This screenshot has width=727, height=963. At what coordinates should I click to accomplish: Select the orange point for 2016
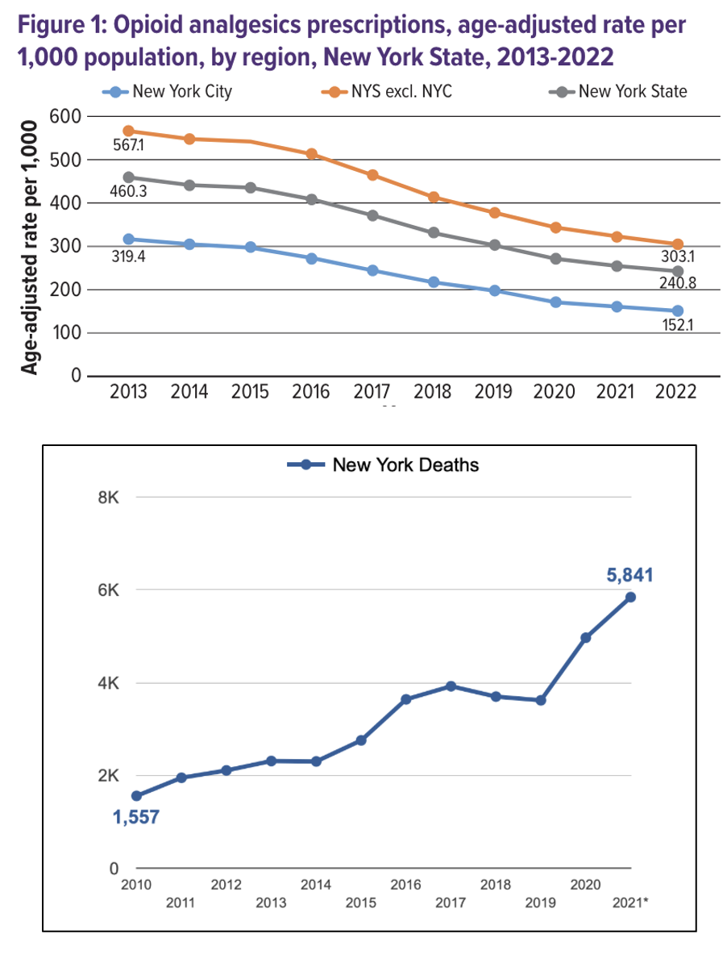[312, 154]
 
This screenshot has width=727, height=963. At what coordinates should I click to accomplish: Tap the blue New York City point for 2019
[495, 290]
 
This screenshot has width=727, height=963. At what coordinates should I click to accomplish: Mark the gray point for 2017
[372, 215]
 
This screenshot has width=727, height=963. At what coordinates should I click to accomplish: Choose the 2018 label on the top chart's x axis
[433, 392]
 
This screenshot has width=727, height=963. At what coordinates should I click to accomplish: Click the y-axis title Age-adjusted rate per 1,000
[30, 247]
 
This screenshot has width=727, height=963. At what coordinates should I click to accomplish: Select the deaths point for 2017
[451, 686]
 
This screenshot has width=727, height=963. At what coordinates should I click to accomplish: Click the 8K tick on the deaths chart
[108, 498]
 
